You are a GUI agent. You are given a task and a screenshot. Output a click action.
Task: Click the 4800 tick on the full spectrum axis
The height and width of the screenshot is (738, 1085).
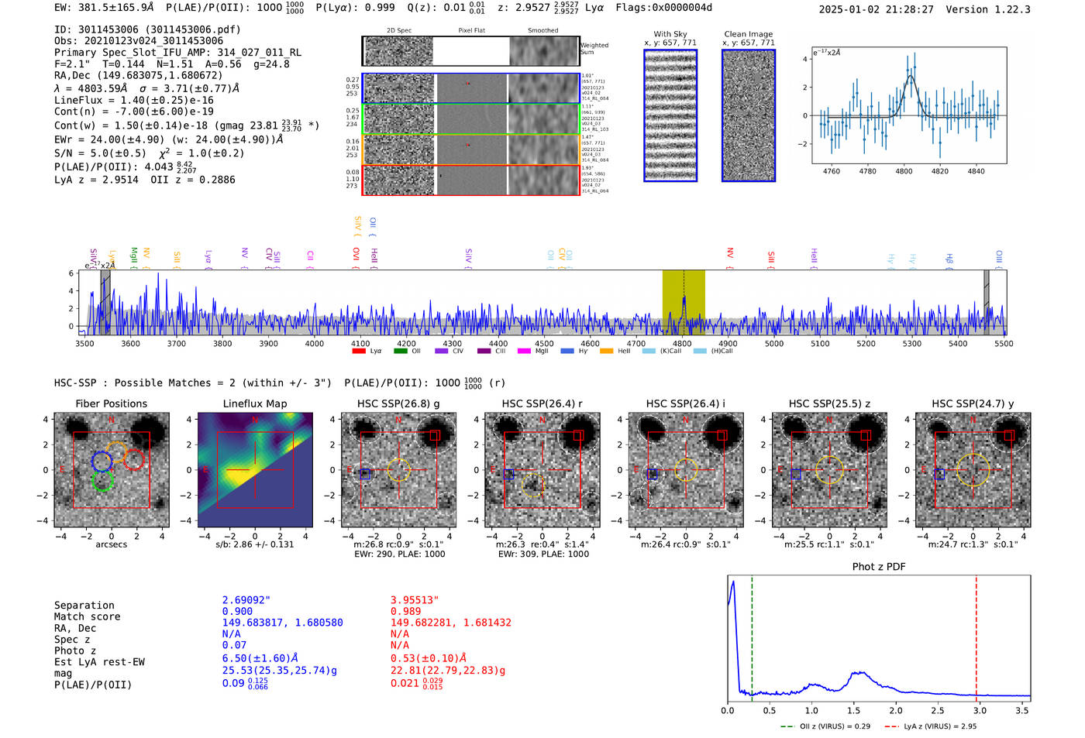point(682,343)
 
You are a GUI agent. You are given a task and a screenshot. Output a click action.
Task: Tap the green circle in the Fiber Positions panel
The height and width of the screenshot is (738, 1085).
point(102,481)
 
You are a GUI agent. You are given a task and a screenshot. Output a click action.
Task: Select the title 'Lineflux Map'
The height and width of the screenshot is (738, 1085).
point(255,403)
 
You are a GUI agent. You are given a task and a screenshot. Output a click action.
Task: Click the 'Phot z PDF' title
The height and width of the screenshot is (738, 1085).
point(879,567)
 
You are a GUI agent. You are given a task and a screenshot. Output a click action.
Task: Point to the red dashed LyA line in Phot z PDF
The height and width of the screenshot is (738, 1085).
point(976,635)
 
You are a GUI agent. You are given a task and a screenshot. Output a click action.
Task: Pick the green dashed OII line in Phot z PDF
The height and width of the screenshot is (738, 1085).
point(752,635)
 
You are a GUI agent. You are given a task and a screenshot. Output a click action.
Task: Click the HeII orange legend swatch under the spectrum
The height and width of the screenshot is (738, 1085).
point(606,351)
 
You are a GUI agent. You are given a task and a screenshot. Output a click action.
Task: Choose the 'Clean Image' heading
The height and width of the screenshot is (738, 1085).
point(748,34)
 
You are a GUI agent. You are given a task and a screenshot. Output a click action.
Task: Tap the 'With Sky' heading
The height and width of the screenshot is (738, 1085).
point(670,34)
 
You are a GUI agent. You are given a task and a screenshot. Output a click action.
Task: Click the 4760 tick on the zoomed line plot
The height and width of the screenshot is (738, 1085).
point(832,171)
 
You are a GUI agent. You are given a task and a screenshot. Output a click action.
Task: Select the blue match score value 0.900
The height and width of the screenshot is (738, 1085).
point(237,612)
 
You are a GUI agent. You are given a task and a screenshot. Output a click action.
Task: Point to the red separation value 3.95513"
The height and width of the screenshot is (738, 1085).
point(415,600)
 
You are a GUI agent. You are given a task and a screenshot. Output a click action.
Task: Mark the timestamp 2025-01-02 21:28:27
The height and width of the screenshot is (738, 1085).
point(876,9)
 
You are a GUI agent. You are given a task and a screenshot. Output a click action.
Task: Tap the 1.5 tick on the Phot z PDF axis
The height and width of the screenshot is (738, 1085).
point(853,710)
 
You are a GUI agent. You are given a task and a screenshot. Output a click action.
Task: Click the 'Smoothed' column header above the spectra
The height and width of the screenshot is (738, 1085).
point(542,31)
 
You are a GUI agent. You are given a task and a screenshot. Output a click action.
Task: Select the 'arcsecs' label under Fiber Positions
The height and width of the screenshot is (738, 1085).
point(111,544)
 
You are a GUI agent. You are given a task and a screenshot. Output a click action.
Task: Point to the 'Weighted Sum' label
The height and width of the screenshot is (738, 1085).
point(594,49)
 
